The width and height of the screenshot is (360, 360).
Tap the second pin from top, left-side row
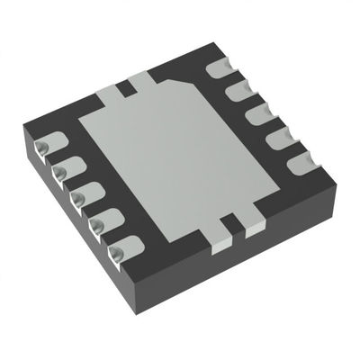(64, 170)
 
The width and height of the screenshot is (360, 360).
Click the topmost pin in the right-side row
(219, 68)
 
